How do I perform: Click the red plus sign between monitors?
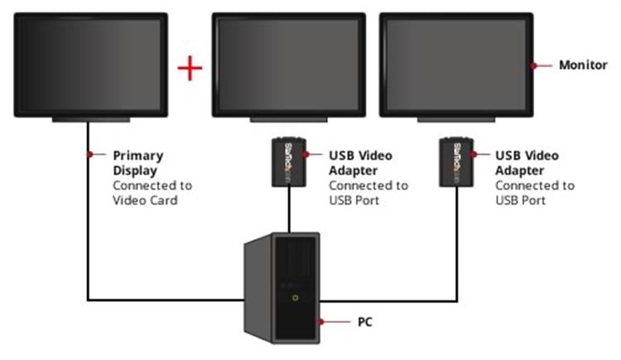190,68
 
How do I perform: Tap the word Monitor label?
583,65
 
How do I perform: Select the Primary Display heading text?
138,161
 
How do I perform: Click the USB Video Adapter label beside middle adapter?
360,161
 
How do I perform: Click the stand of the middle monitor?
288,120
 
